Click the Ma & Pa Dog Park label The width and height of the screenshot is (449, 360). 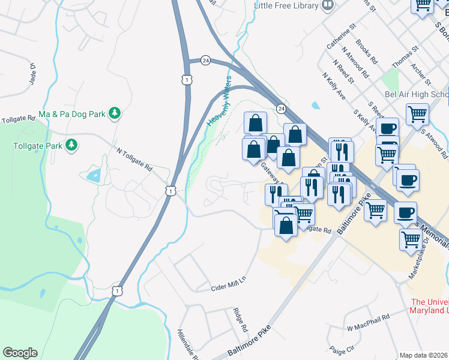coord(71,113)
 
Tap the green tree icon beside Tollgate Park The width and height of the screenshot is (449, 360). coord(72,145)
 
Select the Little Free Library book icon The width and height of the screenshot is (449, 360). coord(328,5)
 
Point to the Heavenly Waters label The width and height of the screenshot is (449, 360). coord(219,101)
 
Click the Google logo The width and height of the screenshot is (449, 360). coord(20,353)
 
